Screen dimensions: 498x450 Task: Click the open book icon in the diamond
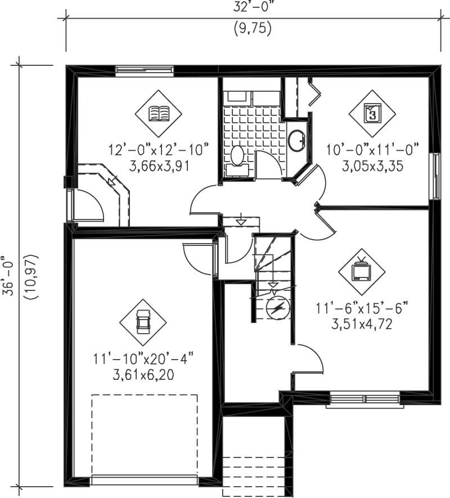point(158,114)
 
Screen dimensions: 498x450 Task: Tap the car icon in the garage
point(143,322)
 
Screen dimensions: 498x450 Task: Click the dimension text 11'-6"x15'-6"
point(362,308)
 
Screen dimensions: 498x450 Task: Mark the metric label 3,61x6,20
point(143,374)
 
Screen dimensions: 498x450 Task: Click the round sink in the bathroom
point(296,140)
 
